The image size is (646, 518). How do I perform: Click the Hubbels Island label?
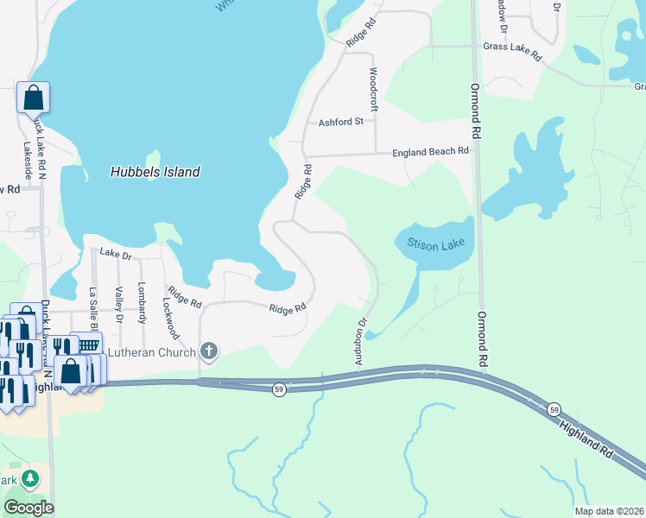coord(155,172)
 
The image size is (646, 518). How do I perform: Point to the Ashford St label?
coord(340,123)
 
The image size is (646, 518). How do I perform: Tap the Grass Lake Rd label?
coord(512,51)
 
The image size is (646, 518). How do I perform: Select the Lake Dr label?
coord(114,253)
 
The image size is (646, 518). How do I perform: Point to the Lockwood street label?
coord(170,318)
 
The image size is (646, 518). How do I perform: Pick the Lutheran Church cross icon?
coord(207,351)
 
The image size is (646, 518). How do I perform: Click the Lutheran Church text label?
coord(150,351)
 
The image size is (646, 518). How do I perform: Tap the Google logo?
coord(28,507)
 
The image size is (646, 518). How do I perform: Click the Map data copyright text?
coord(608,511)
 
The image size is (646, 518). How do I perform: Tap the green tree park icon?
coord(31,478)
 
